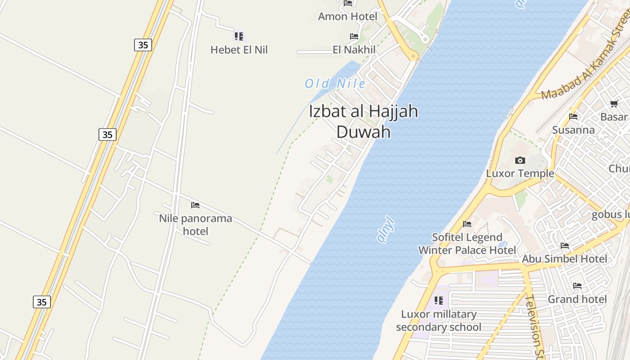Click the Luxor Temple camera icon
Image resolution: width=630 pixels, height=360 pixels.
(x=520, y=160)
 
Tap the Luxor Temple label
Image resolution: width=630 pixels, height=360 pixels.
(x=520, y=174)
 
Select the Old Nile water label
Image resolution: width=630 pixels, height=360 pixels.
(x=335, y=84)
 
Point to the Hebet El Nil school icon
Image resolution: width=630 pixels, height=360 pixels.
(x=238, y=36)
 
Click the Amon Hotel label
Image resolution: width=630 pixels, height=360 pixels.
(x=347, y=17)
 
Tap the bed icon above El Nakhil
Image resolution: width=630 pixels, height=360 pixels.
(x=354, y=36)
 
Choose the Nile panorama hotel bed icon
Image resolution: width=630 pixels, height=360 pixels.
(x=195, y=205)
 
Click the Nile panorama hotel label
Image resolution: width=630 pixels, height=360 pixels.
(x=196, y=225)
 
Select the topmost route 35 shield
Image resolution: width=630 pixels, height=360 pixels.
(x=143, y=45)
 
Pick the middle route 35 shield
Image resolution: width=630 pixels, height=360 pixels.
(x=107, y=135)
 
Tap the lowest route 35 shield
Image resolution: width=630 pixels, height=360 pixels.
(x=41, y=302)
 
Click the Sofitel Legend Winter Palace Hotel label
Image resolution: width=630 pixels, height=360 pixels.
(x=467, y=244)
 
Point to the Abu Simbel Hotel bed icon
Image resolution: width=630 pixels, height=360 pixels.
(x=565, y=246)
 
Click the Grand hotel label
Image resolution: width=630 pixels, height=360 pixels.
(x=577, y=299)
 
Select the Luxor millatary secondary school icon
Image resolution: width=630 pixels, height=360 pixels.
(x=439, y=300)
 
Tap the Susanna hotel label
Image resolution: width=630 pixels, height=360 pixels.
(x=573, y=130)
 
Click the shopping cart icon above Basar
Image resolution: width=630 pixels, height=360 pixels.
(x=614, y=104)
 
